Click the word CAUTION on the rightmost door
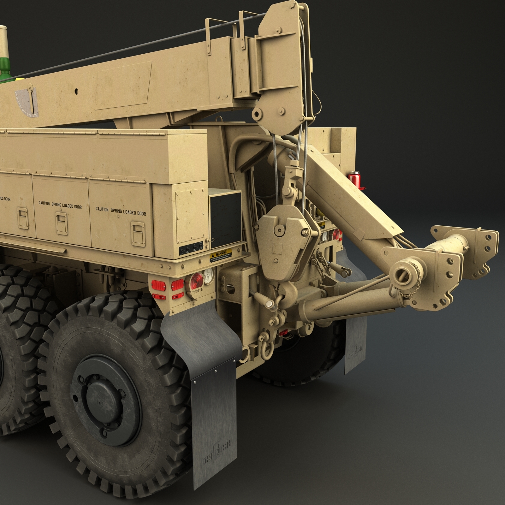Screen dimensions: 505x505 pyautogui.click(x=102, y=209)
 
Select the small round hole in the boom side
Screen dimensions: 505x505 pyautogui.click(x=77, y=91)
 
